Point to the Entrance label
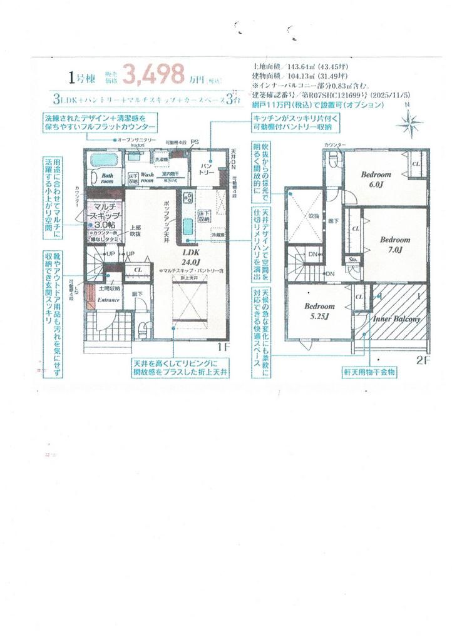108,300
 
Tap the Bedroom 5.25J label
319,311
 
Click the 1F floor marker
223,347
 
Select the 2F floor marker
423,361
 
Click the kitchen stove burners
188,198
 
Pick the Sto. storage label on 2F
352,258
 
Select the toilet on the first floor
143,326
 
